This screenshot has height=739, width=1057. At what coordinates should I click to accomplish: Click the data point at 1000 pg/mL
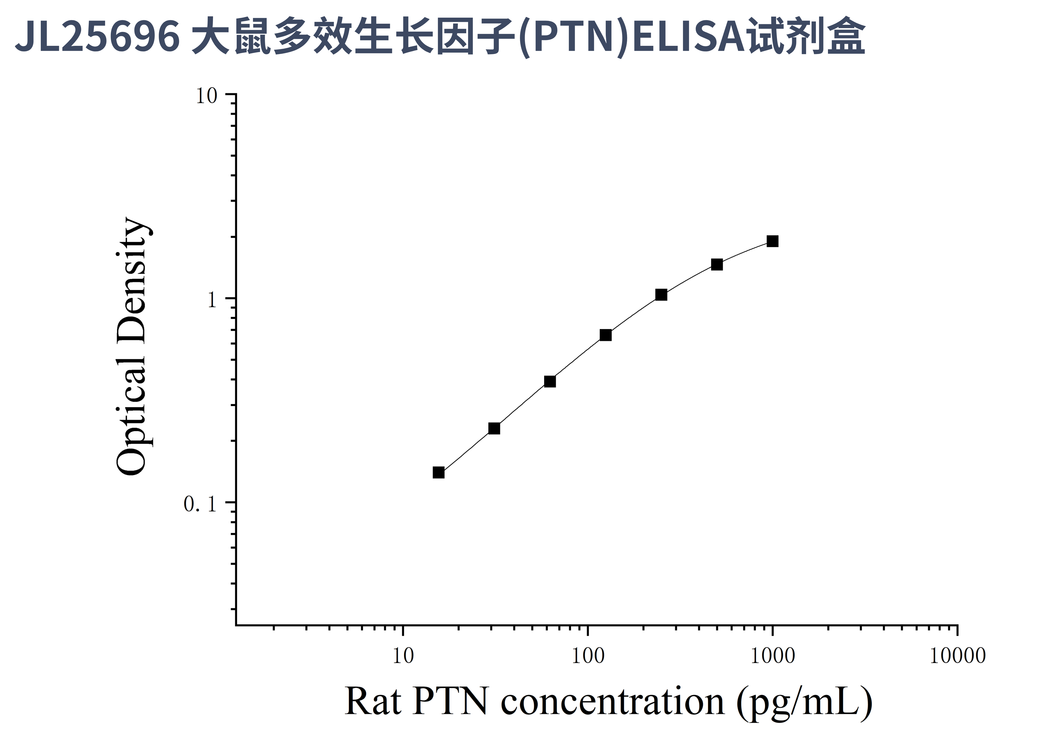tap(772, 241)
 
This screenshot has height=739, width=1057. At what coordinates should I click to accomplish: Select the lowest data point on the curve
tap(439, 472)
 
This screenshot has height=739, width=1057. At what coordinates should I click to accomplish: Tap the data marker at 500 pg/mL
tap(717, 264)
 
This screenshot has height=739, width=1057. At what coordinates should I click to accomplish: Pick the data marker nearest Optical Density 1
tap(661, 295)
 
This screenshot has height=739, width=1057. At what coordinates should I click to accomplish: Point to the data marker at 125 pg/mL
tap(606, 335)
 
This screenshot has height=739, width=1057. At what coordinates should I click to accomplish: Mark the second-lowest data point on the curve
tap(494, 428)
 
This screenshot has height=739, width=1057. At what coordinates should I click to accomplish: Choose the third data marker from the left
tap(550, 381)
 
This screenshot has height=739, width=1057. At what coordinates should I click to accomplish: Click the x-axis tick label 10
tap(403, 656)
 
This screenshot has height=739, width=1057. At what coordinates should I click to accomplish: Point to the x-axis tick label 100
tap(588, 656)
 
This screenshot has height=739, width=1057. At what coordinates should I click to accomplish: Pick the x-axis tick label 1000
tap(772, 656)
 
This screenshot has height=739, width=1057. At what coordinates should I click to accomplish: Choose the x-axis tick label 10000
tap(957, 656)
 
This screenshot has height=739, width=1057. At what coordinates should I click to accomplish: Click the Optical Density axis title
tap(132, 346)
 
